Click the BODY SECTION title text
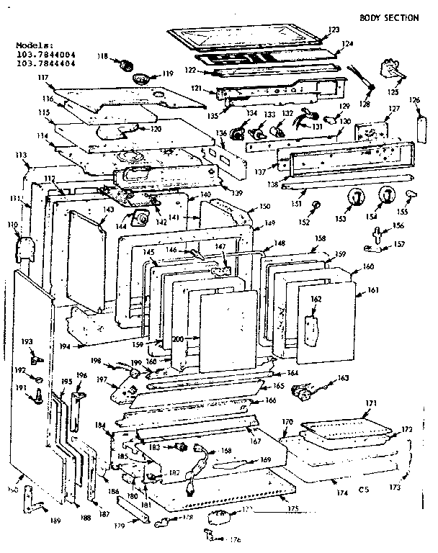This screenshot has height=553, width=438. pos(390,17)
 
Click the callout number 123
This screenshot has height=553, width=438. pos(333,30)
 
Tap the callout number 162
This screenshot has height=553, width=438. pos(316,299)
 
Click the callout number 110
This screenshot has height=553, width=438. pos(12,225)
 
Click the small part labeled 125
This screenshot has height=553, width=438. pos(392,73)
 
